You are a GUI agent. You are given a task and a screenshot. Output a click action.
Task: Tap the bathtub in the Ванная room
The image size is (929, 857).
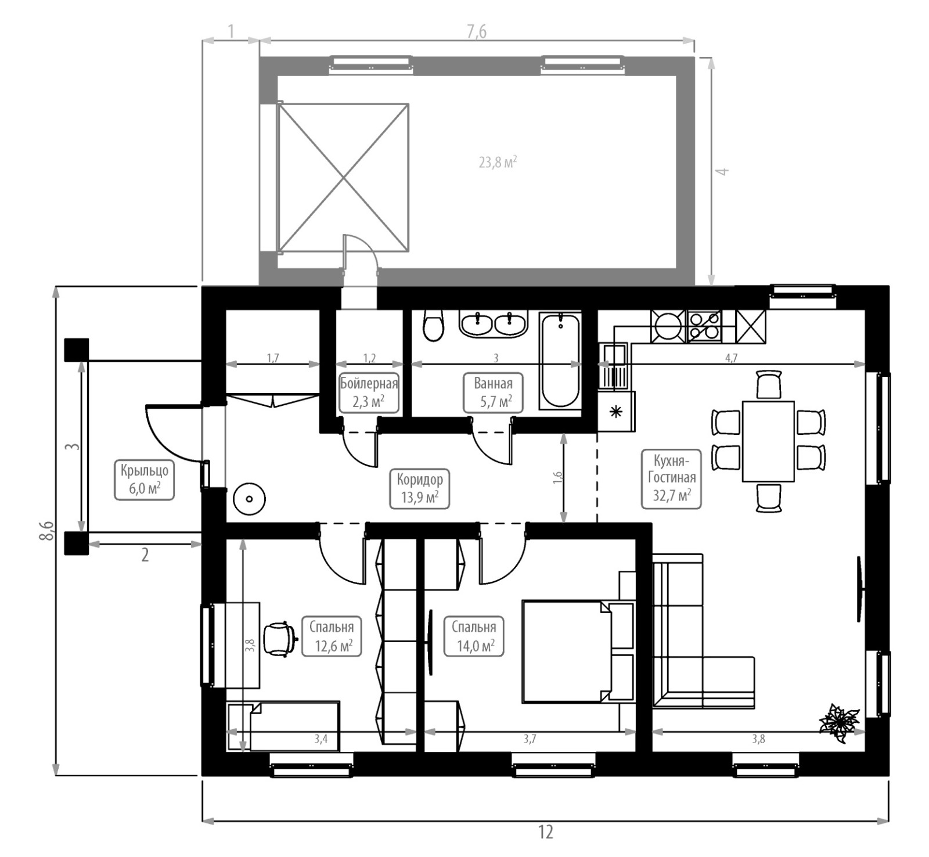coord(560,361)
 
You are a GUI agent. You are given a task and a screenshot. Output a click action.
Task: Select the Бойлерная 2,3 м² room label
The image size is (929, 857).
coord(369,393)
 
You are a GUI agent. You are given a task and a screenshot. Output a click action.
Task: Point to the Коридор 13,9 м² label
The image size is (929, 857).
coord(419,488)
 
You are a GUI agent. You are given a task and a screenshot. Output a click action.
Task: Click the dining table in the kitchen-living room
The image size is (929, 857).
coord(768,441)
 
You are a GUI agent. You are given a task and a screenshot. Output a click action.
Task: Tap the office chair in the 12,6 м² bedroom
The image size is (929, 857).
coord(280,639)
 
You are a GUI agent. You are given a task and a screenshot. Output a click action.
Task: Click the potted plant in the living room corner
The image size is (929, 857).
coord(839,722)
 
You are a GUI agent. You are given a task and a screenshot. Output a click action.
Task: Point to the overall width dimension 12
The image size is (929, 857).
coord(545,832)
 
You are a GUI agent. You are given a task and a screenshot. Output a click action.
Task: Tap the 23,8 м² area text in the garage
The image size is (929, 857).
coord(498,162)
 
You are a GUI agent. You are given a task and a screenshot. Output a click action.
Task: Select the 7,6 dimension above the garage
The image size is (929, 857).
coord(476,32)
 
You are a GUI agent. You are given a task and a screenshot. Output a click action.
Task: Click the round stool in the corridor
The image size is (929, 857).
coord(249,499)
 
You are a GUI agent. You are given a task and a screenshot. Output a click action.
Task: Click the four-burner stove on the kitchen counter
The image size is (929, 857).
coord(704,326)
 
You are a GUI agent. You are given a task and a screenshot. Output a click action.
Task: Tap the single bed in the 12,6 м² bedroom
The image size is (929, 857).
coord(283,726)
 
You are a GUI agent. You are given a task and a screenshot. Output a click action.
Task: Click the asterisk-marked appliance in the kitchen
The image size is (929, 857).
coord(616,412)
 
